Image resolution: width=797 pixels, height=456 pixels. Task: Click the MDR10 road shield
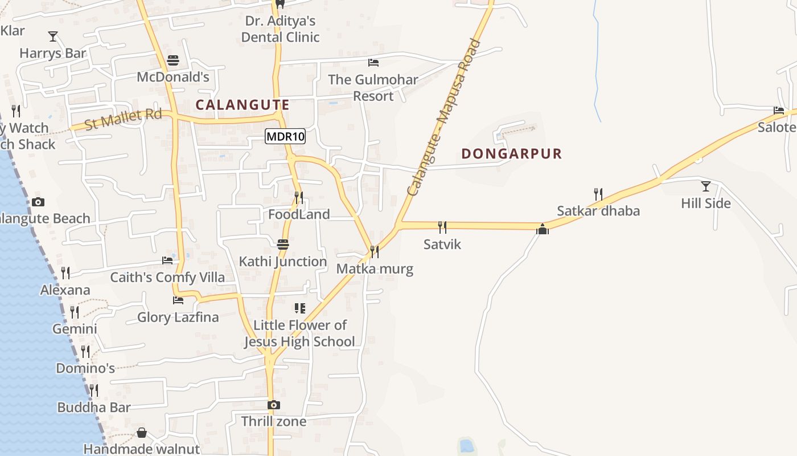pyautogui.click(x=285, y=136)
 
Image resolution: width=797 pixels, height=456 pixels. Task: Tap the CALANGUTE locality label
pyautogui.click(x=243, y=105)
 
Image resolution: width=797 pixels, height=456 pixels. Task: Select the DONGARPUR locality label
pyautogui.click(x=511, y=153)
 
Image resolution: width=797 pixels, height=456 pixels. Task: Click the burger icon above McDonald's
pyautogui.click(x=173, y=60)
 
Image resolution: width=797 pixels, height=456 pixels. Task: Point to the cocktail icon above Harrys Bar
pyautogui.click(x=53, y=36)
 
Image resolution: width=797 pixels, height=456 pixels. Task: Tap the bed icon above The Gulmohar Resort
pyautogui.click(x=373, y=63)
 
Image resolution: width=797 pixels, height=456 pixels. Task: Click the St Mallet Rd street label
pyautogui.click(x=123, y=119)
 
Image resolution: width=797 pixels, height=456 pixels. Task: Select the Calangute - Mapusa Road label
pyautogui.click(x=444, y=117)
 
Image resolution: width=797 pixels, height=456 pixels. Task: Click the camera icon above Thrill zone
pyautogui.click(x=274, y=405)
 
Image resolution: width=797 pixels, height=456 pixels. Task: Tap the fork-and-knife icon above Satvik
pyautogui.click(x=442, y=227)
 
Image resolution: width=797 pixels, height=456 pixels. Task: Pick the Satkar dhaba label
pyautogui.click(x=598, y=211)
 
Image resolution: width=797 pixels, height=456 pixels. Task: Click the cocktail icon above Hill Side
pyautogui.click(x=706, y=186)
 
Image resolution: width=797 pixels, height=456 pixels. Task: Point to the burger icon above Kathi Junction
pyautogui.click(x=283, y=245)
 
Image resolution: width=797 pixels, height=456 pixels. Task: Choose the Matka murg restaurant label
pyautogui.click(x=375, y=268)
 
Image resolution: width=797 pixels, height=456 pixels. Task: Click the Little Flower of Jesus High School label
pyautogui.click(x=299, y=333)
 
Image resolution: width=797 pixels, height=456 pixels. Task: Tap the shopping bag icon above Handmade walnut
pyautogui.click(x=142, y=433)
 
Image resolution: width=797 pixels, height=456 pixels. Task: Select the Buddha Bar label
pyautogui.click(x=94, y=408)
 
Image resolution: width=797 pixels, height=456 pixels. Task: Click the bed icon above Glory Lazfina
pyautogui.click(x=178, y=300)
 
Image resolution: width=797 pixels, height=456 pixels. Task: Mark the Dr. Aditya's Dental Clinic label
pyautogui.click(x=280, y=29)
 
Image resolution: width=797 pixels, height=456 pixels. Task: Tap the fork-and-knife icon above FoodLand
pyautogui.click(x=298, y=198)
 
